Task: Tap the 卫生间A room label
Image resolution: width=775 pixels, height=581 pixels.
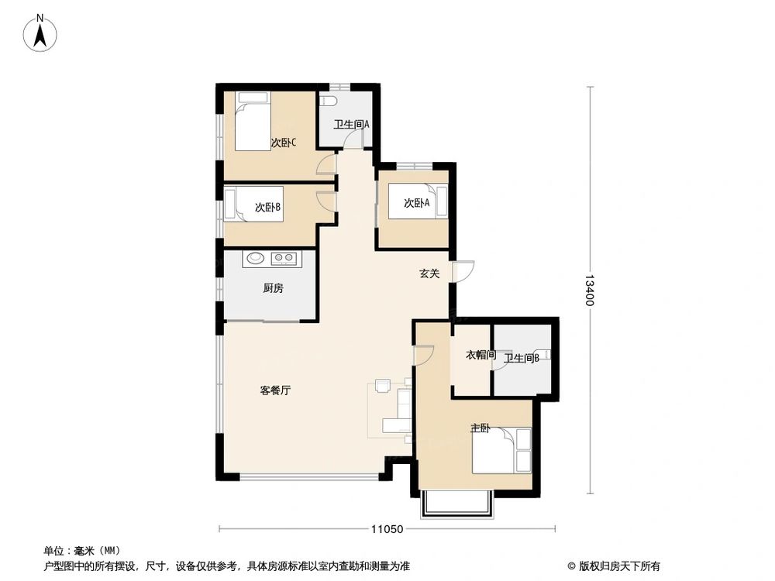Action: coord(351,124)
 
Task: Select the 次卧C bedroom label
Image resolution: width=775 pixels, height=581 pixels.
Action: coord(283,143)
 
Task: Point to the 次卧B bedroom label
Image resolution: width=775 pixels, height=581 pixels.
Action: coord(267,207)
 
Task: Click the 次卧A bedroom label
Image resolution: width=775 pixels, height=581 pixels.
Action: coord(416,203)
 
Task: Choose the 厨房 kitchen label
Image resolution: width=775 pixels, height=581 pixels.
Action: coord(273,288)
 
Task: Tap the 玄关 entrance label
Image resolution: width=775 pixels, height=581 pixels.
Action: coord(430,273)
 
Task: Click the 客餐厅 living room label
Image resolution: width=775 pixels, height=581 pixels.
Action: coord(275,390)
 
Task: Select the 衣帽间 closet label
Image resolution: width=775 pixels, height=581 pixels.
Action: coord(480,356)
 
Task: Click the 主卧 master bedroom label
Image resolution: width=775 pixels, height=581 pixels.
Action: coord(480,428)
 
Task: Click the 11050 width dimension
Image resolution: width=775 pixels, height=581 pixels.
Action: coord(387,529)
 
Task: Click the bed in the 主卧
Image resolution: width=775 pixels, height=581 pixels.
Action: coord(501,450)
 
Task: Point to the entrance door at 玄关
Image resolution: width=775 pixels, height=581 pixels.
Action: coord(462,272)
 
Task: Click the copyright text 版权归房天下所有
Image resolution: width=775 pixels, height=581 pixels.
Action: coord(616,566)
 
